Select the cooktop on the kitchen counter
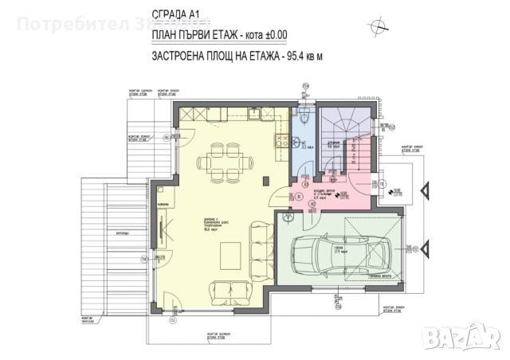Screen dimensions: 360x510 pos(280,142)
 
